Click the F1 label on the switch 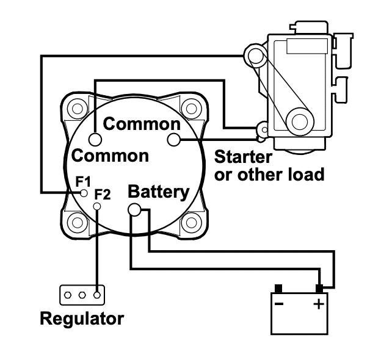(83, 182)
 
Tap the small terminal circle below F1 (84, 193)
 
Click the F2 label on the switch (103, 195)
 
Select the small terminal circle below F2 (96, 206)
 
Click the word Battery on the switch (159, 192)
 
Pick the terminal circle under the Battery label (134, 209)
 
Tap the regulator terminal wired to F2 (97, 295)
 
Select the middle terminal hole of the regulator (82, 295)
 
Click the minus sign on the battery (279, 304)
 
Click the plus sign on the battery (319, 304)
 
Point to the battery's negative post (278, 289)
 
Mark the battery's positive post (319, 289)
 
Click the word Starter (243, 157)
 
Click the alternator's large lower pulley (300, 122)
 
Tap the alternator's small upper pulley (256, 56)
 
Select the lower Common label (110, 156)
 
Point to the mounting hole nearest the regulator (77, 223)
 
